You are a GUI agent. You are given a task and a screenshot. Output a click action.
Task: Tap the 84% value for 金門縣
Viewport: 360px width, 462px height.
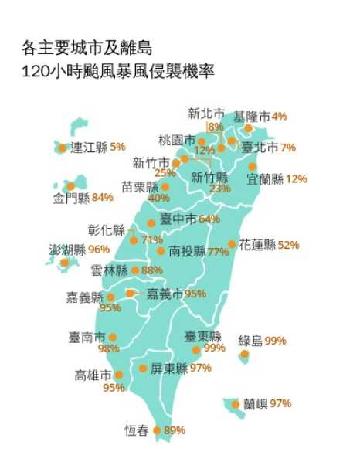(x=102, y=198)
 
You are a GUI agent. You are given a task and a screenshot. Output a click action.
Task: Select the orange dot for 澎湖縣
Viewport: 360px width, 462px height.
(x=65, y=263)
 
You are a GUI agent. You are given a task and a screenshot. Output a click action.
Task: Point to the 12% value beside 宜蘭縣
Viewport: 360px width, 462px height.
(x=296, y=179)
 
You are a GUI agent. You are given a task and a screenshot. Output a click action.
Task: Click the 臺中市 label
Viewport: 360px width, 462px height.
(x=178, y=219)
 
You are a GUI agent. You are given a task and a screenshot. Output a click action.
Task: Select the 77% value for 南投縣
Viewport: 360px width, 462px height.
(x=218, y=252)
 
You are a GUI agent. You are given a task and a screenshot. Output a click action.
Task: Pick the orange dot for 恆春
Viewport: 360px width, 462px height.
(x=157, y=430)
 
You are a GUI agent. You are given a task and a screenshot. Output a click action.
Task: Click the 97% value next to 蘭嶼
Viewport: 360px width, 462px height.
(x=280, y=403)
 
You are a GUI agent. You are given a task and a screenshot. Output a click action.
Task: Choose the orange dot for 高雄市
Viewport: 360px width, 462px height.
(x=118, y=375)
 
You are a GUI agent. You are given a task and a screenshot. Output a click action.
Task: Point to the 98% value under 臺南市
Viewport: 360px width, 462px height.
(x=109, y=348)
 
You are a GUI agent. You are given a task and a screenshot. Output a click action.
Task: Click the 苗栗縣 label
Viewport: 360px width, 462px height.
(x=139, y=187)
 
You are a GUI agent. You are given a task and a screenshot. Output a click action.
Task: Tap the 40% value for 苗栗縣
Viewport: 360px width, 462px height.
(x=158, y=198)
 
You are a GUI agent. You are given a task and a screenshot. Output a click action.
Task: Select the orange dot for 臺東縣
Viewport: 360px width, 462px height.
(x=196, y=350)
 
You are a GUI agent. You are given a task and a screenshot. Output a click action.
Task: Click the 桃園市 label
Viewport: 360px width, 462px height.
(x=176, y=140)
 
